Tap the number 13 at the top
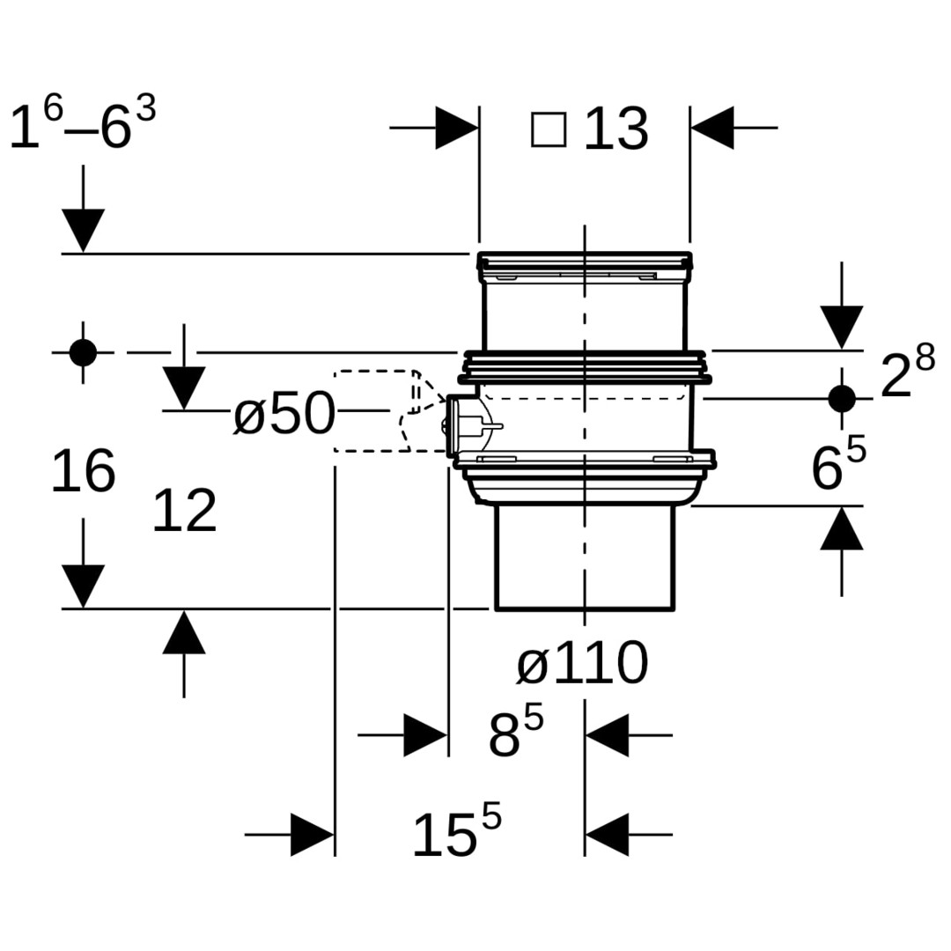[616, 130]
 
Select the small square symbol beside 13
[549, 129]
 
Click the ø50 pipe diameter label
[284, 414]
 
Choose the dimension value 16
[83, 471]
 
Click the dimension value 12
[184, 512]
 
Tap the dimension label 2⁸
[907, 372]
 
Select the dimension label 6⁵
[838, 464]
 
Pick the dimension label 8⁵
[516, 733]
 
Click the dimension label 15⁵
[456, 831]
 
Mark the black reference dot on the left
[83, 352]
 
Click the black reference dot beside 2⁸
[842, 398]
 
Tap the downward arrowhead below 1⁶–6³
[83, 231]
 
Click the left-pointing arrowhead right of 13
[712, 128]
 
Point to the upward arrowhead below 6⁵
[842, 528]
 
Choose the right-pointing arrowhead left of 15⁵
[312, 834]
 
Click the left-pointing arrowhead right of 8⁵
[607, 734]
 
